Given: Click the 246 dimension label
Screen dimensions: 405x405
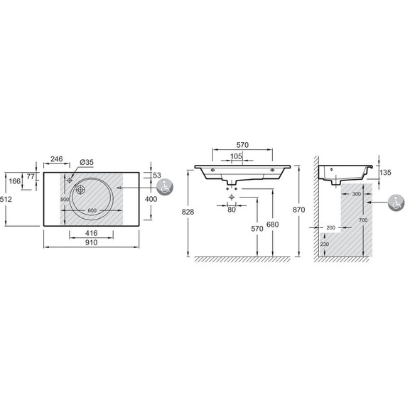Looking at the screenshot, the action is tap(57, 159).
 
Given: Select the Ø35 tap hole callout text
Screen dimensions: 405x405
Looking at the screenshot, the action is tap(87, 163).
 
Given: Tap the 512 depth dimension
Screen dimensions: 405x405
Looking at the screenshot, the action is tap(6, 200).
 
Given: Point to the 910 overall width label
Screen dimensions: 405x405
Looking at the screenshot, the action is tap(92, 242).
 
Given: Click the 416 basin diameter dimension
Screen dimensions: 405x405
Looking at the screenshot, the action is tap(92, 233).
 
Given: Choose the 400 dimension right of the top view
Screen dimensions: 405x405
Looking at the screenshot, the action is tap(151, 199).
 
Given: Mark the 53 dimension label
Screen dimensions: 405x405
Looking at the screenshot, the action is tap(157, 175).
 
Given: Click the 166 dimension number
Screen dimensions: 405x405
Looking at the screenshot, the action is tap(14, 181).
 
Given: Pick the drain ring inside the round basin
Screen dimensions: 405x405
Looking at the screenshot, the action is tap(80, 190).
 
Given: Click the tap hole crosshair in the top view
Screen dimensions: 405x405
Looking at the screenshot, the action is tap(69, 180).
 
